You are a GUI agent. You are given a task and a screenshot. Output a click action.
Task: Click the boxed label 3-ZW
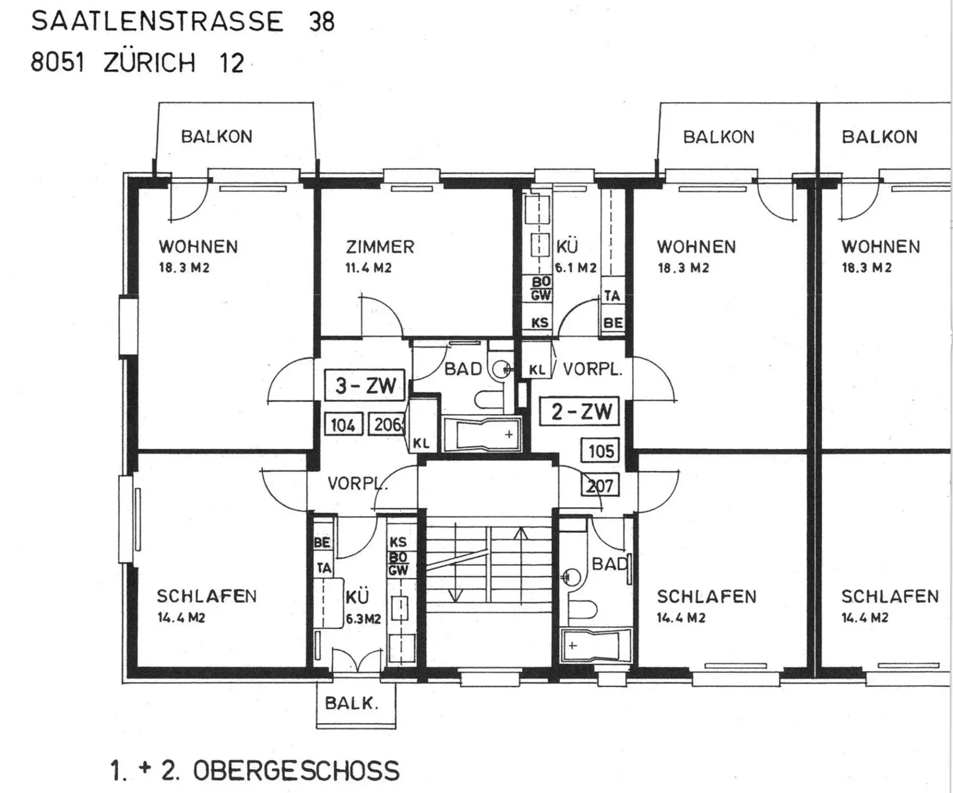(x=365, y=385)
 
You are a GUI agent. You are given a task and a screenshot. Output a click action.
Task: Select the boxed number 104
(x=343, y=425)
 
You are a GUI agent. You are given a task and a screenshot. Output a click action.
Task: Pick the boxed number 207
(x=601, y=485)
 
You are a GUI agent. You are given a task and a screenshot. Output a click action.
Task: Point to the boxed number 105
(x=601, y=451)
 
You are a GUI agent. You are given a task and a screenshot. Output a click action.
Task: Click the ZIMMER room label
(x=380, y=247)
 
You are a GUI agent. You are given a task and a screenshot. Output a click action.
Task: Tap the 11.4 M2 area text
(x=368, y=268)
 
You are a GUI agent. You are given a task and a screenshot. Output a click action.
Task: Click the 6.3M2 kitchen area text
(x=363, y=619)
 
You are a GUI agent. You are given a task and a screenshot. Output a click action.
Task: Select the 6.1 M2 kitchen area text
(x=576, y=268)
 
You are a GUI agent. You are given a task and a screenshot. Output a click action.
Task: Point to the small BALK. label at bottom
(x=352, y=703)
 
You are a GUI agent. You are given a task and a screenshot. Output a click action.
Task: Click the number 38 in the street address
(x=322, y=22)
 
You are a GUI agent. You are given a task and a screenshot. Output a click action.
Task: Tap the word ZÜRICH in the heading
(x=149, y=63)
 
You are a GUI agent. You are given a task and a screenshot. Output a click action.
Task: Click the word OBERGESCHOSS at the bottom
(x=296, y=771)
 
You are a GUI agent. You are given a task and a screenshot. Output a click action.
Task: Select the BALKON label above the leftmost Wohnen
(x=217, y=136)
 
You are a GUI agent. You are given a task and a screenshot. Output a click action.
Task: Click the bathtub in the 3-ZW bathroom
(x=482, y=435)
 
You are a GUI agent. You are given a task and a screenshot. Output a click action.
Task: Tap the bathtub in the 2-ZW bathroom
(x=596, y=645)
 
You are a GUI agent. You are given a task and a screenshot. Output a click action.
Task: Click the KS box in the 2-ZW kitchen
(x=540, y=323)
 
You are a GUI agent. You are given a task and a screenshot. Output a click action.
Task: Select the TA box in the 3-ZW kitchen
(x=324, y=568)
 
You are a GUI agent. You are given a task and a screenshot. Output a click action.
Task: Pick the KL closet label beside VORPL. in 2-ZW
(x=537, y=370)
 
